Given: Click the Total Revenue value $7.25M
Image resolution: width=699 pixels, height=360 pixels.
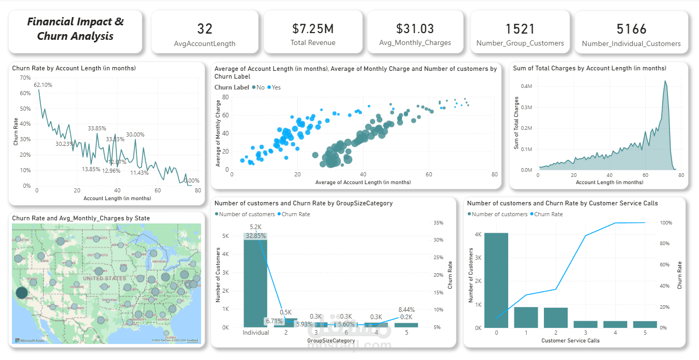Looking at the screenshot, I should pos(312,28).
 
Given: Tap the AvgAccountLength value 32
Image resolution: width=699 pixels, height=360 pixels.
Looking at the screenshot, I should pos(205,29).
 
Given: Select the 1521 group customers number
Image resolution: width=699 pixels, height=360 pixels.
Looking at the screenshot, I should pos(520,28).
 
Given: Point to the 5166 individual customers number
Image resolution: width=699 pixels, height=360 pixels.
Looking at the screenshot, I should pos(631,28).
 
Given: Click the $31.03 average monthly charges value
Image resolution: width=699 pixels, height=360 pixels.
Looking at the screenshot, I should pos(415,28).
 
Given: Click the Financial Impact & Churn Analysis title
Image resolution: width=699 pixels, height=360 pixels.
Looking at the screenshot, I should pos(75,29).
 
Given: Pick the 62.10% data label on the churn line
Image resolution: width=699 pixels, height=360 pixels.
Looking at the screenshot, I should pos(43,85).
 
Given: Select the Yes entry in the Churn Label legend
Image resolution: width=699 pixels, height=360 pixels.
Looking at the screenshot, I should pos(274,87).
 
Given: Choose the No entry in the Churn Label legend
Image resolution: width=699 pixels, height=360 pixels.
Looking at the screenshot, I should pos(258,87).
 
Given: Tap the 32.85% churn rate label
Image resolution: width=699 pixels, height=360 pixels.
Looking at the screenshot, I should pos(256,236).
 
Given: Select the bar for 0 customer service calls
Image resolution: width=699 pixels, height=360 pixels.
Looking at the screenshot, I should pos(496,280).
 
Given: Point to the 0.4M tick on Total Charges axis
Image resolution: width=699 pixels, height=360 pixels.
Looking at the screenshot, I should pos(527,86).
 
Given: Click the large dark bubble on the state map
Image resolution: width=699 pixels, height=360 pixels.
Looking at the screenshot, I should pos(22,293).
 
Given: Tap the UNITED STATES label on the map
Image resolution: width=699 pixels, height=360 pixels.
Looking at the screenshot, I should pos(104,278).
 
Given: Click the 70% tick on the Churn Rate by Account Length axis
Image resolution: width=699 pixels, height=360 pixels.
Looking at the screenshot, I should pos(25,78).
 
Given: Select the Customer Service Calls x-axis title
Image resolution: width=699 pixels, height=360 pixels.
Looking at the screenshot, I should pos(570,340).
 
